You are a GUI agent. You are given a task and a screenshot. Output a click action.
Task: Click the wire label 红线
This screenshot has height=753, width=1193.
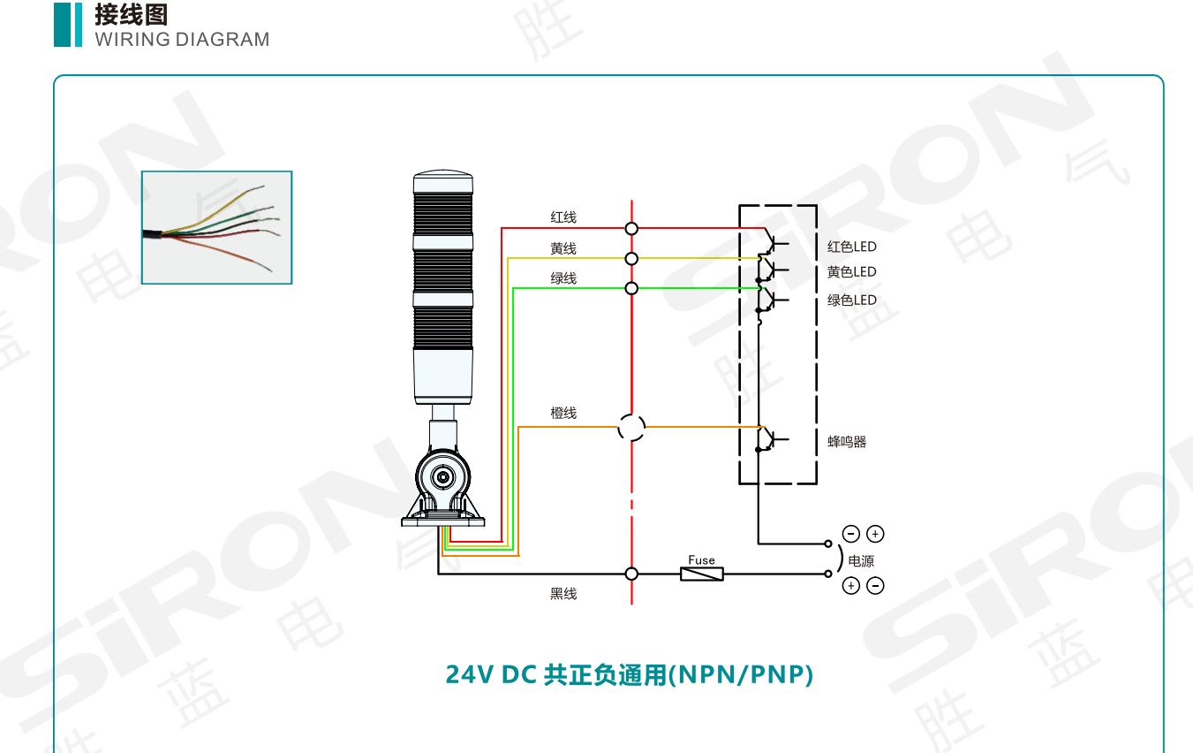563,217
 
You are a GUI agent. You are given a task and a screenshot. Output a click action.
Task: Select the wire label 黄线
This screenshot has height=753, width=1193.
563,248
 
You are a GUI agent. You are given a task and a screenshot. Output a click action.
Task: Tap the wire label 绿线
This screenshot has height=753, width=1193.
563,278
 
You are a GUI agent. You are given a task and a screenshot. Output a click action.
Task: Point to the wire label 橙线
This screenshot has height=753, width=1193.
563,413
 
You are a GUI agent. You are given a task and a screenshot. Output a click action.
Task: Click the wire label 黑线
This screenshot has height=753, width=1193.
563,594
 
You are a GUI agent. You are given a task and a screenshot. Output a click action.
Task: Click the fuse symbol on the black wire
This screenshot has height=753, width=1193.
702,574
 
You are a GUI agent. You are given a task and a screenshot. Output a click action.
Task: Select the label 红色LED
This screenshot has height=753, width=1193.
852,247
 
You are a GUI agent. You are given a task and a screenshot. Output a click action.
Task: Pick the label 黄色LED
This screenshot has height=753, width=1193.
852,271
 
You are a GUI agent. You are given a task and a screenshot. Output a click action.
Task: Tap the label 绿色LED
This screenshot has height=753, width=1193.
852,300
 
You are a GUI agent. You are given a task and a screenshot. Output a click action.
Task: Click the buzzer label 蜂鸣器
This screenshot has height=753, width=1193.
847,442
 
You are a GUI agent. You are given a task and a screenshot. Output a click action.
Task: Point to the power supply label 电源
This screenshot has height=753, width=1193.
861,560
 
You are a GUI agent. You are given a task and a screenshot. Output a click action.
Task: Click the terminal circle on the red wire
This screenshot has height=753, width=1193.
631,228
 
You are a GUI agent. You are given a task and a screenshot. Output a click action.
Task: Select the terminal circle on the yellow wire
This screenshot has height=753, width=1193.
631,258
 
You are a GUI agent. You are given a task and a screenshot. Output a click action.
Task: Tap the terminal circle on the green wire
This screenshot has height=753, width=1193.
631,288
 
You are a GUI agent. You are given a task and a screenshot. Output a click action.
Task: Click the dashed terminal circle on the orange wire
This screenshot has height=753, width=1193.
631,428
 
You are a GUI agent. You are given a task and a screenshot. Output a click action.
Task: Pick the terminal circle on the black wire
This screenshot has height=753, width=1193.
631,574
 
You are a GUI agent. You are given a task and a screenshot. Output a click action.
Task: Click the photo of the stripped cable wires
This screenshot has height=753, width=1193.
216,227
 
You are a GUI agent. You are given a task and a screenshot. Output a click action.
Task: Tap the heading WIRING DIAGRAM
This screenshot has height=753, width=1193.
182,40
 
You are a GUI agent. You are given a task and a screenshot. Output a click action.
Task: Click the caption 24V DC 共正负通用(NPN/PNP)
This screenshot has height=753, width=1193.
629,675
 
